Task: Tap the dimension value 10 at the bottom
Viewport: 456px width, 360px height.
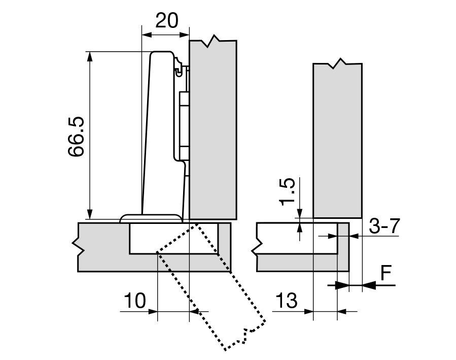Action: pos(135,300)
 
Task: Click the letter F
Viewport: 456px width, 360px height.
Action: pos(387,274)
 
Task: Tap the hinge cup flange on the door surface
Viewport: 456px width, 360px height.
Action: pos(151,218)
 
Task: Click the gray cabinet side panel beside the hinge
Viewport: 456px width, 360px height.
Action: pos(213,127)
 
